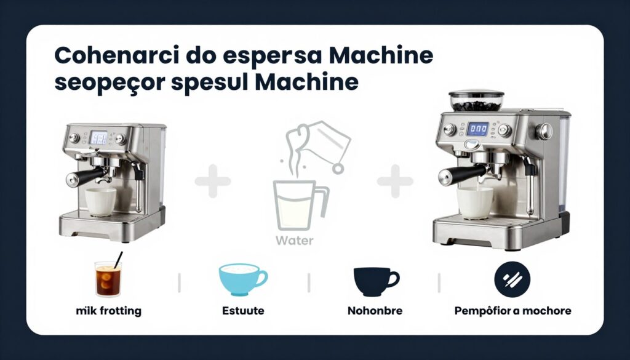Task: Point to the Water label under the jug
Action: pyautogui.click(x=294, y=241)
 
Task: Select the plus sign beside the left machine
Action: pyautogui.click(x=213, y=181)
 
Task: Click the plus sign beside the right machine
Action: pyautogui.click(x=395, y=181)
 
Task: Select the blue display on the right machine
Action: pyautogui.click(x=477, y=129)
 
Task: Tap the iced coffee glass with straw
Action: pyautogui.click(x=107, y=279)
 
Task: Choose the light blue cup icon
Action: pyautogui.click(x=242, y=281)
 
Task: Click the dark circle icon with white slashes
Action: pyautogui.click(x=512, y=281)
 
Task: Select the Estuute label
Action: pyautogui.click(x=243, y=311)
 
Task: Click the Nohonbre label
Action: pyautogui.click(x=375, y=311)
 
